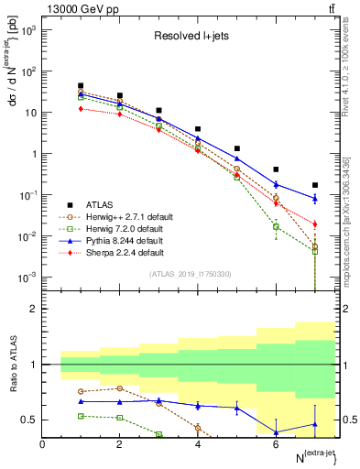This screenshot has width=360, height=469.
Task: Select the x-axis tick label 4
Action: (x=198, y=444)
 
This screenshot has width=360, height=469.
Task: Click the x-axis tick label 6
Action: (x=276, y=444)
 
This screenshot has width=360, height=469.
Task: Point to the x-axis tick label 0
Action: (x=43, y=444)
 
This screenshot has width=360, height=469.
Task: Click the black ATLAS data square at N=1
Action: (x=82, y=86)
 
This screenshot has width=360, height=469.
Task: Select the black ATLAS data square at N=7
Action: (x=315, y=185)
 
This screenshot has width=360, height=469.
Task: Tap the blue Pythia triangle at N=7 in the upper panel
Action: (x=315, y=198)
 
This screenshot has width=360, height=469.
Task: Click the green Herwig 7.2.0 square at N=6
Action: (x=276, y=226)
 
